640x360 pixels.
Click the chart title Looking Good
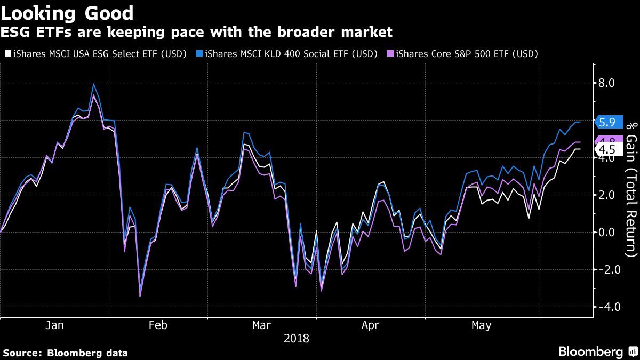(68, 12)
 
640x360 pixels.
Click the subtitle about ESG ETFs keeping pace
(196, 33)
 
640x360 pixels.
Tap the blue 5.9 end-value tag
(607, 122)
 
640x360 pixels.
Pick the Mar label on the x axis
(262, 325)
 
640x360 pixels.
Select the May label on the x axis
(482, 325)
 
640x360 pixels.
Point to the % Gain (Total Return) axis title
(631, 186)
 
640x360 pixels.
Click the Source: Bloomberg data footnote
(65, 353)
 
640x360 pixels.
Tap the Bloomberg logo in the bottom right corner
(597, 351)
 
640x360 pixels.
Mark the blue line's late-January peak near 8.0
(94, 84)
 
